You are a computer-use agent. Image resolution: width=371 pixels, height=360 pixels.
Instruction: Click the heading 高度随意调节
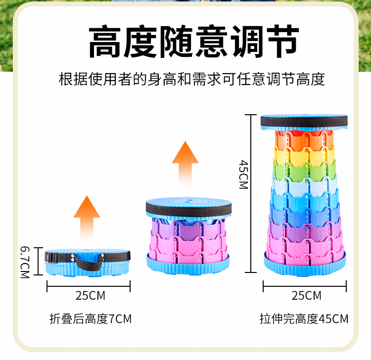tap(193, 42)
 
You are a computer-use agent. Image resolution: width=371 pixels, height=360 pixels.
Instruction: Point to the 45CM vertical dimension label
tap(243, 174)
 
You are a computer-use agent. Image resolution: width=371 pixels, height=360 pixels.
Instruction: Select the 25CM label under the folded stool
tap(90, 296)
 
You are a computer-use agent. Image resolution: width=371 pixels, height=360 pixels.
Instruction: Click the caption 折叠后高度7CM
tap(91, 319)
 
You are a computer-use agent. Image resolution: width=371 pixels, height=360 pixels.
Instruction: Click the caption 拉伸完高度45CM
tap(304, 319)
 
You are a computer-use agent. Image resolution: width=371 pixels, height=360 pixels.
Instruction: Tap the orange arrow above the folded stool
tap(87, 213)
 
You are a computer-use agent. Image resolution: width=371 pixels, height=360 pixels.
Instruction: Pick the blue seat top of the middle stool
tap(188, 204)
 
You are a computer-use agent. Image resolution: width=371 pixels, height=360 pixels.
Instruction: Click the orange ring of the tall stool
tap(304, 139)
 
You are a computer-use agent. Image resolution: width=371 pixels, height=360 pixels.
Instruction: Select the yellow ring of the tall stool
tap(304, 155)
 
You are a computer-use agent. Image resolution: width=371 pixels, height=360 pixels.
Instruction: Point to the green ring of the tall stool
tap(304, 171)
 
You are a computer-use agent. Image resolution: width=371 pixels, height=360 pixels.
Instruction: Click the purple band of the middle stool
tap(188, 228)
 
